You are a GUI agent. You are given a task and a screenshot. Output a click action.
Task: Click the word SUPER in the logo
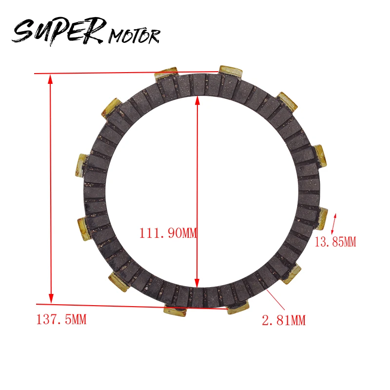point(59,31)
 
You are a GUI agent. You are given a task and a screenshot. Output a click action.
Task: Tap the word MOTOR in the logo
point(135,36)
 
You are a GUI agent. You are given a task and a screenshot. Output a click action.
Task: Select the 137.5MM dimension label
point(61,319)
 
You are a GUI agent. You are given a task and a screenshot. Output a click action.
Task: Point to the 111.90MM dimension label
point(168,233)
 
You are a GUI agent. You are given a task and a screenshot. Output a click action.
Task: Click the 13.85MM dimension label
point(335,242)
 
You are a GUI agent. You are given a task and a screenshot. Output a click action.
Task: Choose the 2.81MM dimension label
point(284,320)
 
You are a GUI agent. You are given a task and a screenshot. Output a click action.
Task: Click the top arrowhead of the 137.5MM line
point(51,78)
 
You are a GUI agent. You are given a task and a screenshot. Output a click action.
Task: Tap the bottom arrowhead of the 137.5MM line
point(51,298)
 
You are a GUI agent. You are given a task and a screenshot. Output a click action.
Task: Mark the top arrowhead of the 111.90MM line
point(197,100)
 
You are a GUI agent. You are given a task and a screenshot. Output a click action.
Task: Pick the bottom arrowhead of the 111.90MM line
point(197,283)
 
